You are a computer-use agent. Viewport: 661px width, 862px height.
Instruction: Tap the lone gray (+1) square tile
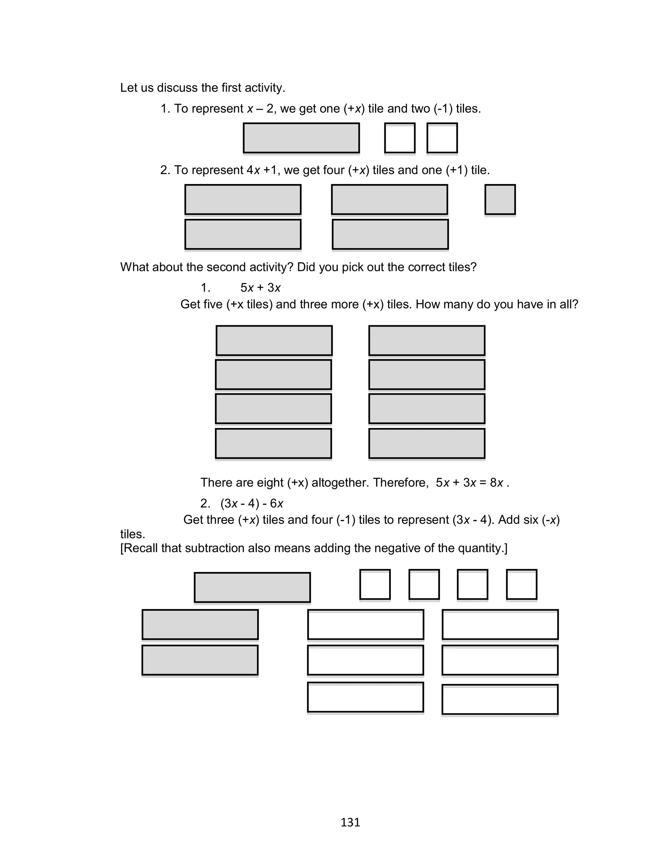(x=500, y=200)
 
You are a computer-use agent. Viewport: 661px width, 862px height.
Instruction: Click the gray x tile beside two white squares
(x=301, y=138)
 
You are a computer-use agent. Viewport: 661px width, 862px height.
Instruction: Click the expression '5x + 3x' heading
(x=260, y=288)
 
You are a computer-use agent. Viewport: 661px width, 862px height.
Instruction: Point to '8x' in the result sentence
(x=496, y=483)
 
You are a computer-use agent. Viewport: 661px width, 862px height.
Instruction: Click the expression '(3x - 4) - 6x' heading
(x=251, y=504)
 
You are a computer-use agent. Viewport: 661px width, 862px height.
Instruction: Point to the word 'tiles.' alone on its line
(x=133, y=534)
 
